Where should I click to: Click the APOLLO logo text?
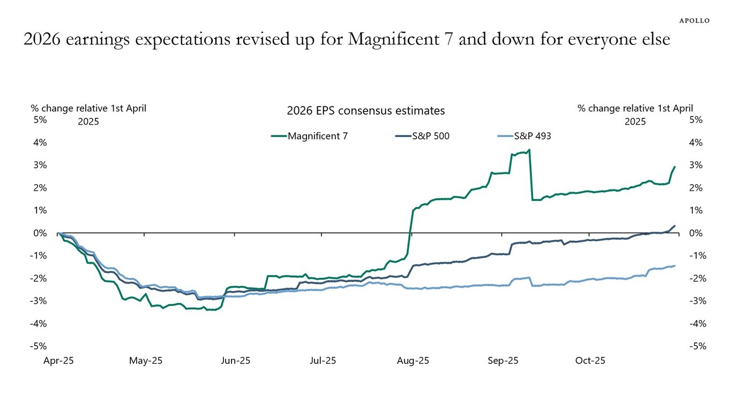694,20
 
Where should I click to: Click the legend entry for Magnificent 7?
317,136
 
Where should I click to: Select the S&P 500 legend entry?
430,136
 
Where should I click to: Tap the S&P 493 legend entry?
532,136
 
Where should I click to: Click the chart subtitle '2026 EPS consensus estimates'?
365,111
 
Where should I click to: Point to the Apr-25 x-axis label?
58,361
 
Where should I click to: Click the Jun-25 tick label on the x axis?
236,361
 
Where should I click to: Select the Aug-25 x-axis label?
413,361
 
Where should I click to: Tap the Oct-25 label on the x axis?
590,361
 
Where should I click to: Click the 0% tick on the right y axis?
696,233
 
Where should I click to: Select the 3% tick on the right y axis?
696,165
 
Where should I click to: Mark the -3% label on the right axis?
694,301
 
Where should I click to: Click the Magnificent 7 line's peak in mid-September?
529,150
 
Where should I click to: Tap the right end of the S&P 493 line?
674,265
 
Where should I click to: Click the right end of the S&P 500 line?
674,226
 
